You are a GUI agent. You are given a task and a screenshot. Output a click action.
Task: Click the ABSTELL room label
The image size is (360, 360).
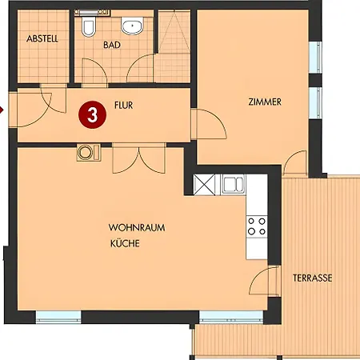pos(42,39)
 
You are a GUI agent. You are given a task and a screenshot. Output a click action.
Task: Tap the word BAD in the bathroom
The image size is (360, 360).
pos(112,45)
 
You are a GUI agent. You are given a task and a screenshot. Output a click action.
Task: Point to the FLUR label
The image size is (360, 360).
pos(123,106)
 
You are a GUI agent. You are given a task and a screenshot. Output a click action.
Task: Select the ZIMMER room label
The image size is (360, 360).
pos(265,102)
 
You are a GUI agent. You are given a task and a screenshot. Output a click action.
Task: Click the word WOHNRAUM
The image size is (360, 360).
pos(137,228)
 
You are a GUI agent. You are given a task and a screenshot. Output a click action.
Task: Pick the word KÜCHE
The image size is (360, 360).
pos(125,243)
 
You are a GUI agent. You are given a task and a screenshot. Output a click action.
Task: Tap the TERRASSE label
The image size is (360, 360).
pos(313,278)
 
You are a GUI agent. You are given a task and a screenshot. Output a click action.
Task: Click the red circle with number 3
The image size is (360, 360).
pos(93,115)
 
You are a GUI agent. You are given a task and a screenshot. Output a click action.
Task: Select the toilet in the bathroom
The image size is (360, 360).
pos(89,26)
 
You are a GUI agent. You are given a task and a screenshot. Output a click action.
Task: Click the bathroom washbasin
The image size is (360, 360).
pos(132,26)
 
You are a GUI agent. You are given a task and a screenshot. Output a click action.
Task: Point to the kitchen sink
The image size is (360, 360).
pos(234,184)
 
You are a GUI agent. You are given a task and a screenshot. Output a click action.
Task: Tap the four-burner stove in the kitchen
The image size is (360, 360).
pos(257,226)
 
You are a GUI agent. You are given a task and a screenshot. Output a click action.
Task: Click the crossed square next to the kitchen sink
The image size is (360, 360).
pos(204,185)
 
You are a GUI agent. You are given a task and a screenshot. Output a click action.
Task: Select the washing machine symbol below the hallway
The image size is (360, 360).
pos(89,153)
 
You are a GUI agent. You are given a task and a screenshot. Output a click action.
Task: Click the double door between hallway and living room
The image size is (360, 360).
pos(139,159)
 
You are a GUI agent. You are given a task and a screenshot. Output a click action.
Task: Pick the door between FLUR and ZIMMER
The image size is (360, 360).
pos(209,124)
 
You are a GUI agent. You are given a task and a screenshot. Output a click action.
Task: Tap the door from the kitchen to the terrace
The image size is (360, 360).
pos(265,281)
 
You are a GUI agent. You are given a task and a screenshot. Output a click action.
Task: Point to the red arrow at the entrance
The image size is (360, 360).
pos(2,110)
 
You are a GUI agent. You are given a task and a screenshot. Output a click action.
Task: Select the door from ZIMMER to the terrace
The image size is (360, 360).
pos(295,162)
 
